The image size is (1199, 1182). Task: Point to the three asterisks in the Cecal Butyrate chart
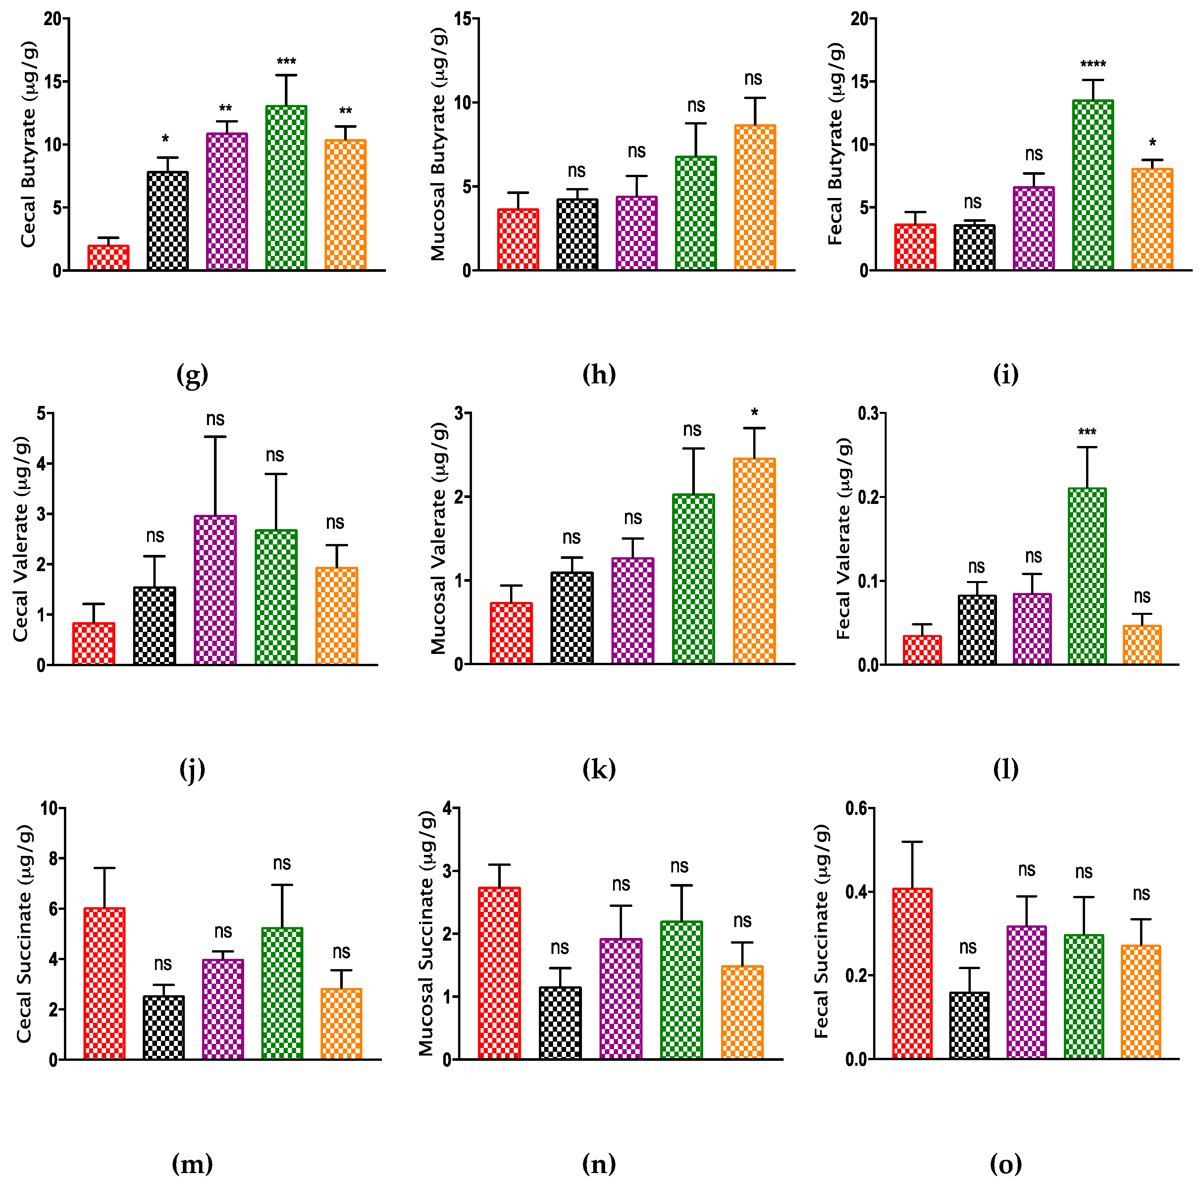click(x=286, y=62)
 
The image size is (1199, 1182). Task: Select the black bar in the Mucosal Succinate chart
click(x=560, y=1022)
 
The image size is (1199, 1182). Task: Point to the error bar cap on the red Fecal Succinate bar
click(x=912, y=842)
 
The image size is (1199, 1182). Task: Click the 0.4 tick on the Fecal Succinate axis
click(x=857, y=892)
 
